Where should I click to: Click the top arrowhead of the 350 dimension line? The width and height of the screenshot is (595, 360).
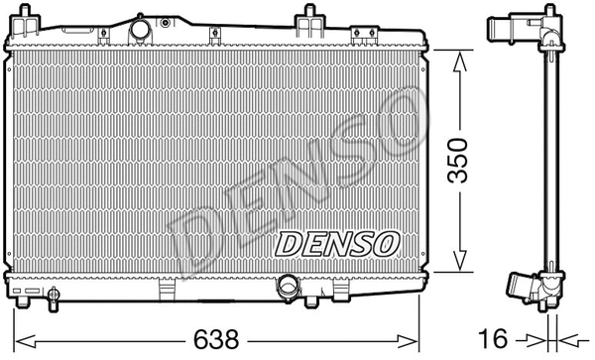[x=457, y=60]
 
